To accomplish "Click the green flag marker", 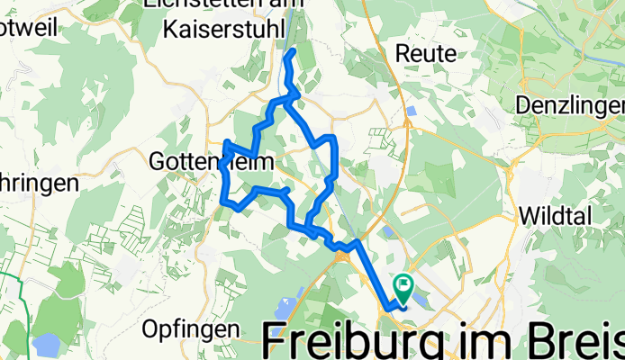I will [x=403, y=287].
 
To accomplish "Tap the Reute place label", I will [x=426, y=54].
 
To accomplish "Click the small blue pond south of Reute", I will [x=411, y=112].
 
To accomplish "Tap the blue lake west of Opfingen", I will [x=43, y=342].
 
